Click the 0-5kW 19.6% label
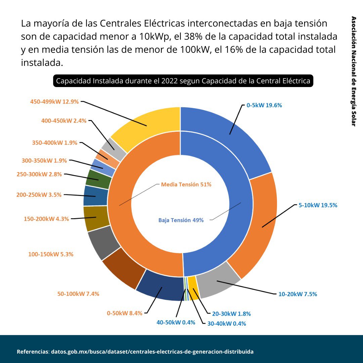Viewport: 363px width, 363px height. [264, 105]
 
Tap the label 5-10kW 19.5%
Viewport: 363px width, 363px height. [318, 205]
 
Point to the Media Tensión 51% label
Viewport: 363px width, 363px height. [186, 185]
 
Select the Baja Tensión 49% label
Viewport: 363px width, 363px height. [181, 220]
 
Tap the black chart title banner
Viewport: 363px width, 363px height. [183, 81]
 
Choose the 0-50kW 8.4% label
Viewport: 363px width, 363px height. [124, 313]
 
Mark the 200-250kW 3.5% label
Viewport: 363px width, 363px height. [39, 195]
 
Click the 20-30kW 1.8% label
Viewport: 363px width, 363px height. [231, 314]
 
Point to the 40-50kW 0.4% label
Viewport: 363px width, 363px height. [176, 322]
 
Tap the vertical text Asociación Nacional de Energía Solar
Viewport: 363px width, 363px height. [353, 71]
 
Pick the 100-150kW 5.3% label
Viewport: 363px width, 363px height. [51, 254]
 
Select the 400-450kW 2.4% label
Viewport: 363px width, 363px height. [64, 121]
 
